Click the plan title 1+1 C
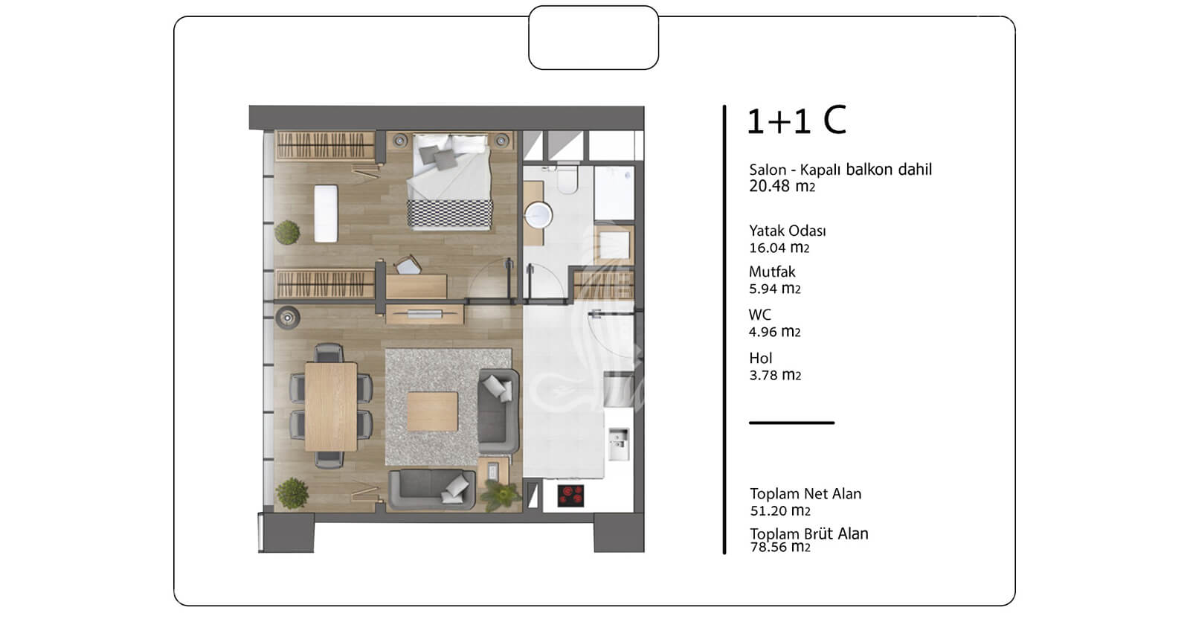pos(796,121)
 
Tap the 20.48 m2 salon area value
pos(782,186)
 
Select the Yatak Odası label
pos(788,231)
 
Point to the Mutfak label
pos(772,272)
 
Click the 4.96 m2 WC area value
pos(774,332)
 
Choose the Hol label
pos(761,358)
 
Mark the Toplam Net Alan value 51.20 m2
pos(780,510)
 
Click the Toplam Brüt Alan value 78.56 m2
pos(780,547)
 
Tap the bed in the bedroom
pos(449,182)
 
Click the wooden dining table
pos(331,406)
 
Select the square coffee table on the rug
pos(432,411)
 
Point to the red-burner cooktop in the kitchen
pos(570,495)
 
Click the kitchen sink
pos(618,443)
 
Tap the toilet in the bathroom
pos(567,179)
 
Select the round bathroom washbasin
pos(538,216)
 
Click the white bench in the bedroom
pos(326,214)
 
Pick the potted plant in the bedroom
pos(287,233)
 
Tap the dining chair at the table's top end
pos(329,353)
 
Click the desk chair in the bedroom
pos(408,265)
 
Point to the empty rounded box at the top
pos(594,38)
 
